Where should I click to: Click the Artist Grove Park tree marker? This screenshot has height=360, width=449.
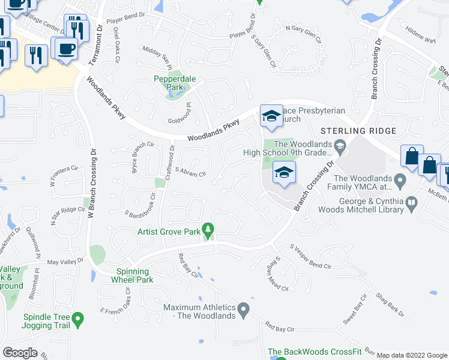point(208,230)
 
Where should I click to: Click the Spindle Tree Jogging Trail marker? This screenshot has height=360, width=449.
point(77,320)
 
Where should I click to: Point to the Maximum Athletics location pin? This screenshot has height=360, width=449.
point(243,310)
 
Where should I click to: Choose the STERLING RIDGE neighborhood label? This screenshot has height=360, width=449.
point(358,131)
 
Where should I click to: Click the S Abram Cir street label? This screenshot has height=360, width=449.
point(190,172)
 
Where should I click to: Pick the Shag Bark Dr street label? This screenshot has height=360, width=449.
point(390,305)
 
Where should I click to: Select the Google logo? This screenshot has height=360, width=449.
point(20,353)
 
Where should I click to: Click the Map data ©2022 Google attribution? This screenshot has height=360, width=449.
point(411,355)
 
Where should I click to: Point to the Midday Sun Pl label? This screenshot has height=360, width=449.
point(157,58)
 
